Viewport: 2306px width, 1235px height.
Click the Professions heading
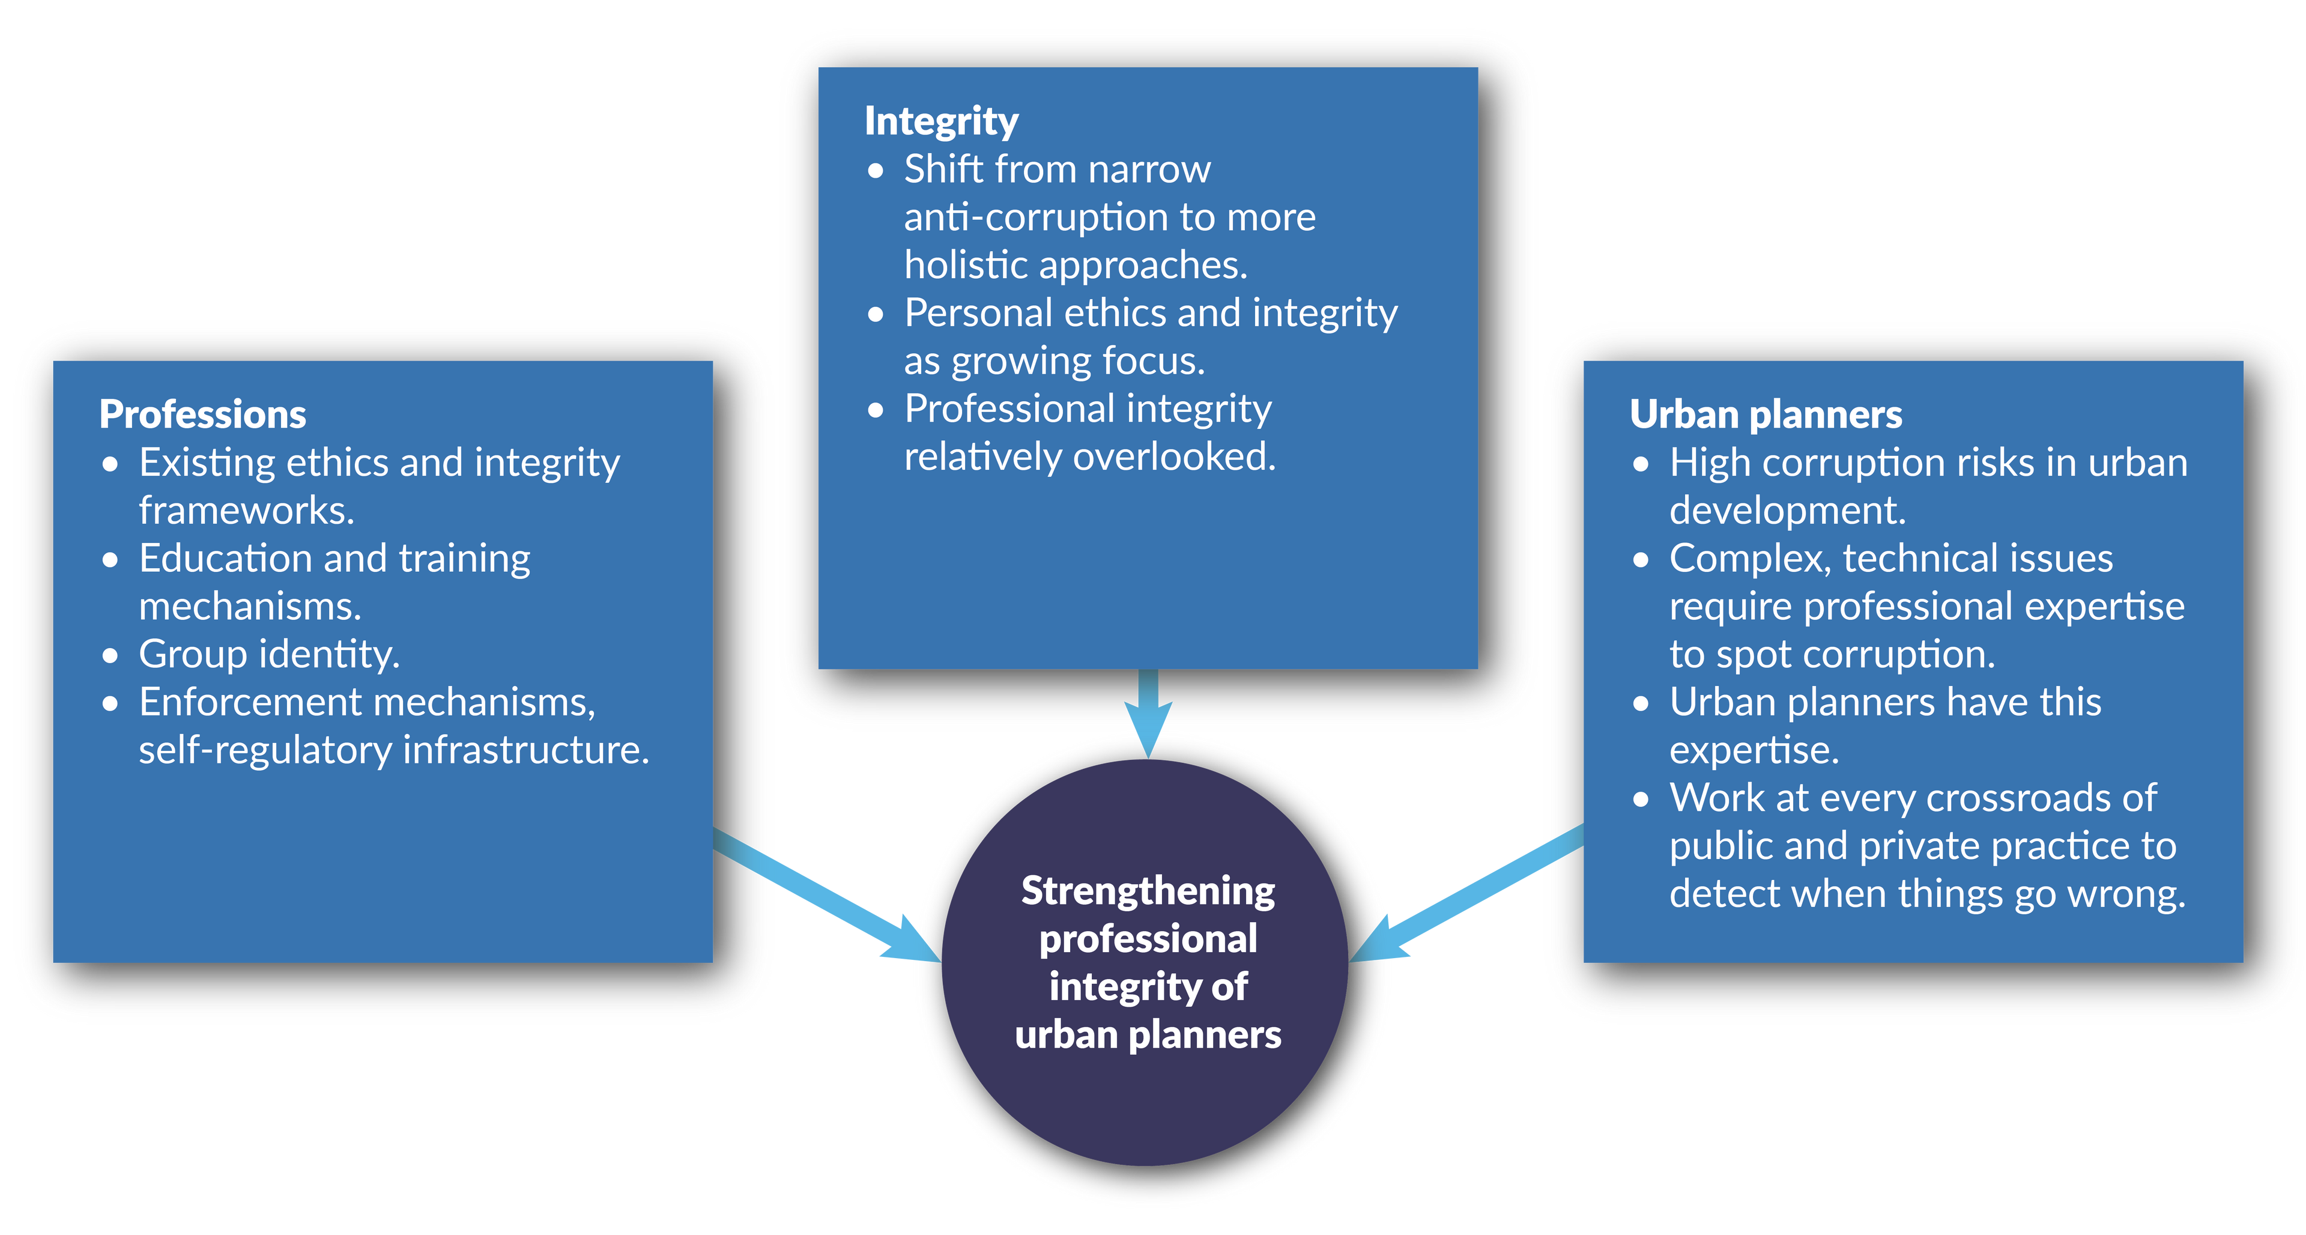click(202, 414)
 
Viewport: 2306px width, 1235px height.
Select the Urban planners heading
click(1766, 414)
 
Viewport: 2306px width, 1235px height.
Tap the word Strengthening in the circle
click(1148, 891)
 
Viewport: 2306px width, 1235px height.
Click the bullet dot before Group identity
click(110, 655)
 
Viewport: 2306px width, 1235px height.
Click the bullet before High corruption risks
click(1641, 464)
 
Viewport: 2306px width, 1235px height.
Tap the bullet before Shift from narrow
click(876, 170)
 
